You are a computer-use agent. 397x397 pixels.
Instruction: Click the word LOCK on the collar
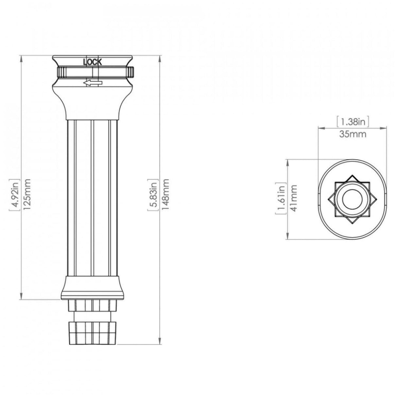tap(93, 62)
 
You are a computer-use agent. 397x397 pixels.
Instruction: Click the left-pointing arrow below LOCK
tap(93, 83)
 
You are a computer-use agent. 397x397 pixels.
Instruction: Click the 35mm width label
tap(353, 134)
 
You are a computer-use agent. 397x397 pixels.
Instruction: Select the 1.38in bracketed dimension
tap(353, 122)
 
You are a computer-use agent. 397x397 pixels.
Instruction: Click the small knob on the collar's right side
tap(131, 72)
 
